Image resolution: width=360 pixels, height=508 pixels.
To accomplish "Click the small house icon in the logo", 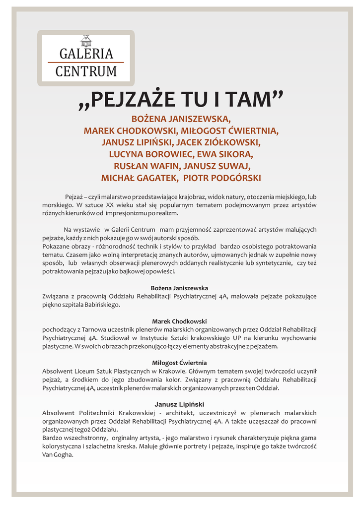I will point(86,41).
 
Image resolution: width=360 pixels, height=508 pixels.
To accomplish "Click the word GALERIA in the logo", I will point(86,54).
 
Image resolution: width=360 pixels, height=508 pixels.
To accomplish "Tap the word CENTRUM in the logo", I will point(86,71).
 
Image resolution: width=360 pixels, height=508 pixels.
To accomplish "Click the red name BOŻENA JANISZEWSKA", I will point(181,120).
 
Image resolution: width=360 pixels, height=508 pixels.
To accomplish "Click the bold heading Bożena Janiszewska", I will point(179,288).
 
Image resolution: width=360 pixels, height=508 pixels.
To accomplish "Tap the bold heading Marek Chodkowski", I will point(179,321).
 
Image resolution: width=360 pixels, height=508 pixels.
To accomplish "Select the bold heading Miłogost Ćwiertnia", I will point(179,363).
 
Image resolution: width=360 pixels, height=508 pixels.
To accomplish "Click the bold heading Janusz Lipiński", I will point(179,404).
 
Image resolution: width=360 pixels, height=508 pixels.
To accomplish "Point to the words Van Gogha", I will point(58,454).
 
